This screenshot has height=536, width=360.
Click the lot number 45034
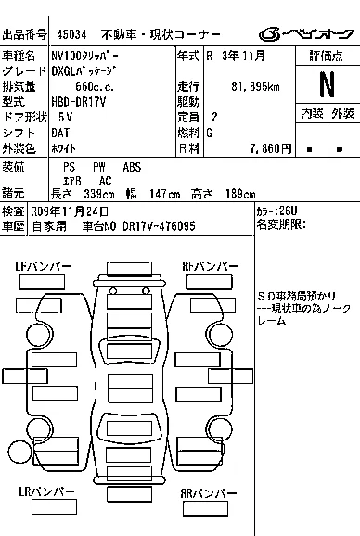(71, 34)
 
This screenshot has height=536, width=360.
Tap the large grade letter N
(327, 84)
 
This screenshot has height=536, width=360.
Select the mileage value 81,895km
(255, 86)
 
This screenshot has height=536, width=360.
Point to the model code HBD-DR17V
(79, 102)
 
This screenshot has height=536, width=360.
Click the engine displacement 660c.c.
(95, 86)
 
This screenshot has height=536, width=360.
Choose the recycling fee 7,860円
(271, 148)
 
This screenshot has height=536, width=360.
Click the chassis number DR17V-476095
(159, 226)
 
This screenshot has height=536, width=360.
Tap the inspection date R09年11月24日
(70, 211)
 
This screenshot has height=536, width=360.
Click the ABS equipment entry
(132, 167)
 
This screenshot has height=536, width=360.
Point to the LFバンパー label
(43, 266)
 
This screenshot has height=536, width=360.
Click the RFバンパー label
(211, 266)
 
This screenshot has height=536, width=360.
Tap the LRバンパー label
(46, 491)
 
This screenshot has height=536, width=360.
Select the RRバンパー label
(209, 493)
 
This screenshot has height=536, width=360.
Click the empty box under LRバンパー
(54, 506)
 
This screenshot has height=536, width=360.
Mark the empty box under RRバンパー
(205, 508)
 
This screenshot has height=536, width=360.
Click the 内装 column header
(312, 113)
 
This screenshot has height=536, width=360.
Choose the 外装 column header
(342, 113)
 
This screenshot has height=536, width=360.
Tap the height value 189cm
(240, 194)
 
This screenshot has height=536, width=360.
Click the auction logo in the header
(306, 34)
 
